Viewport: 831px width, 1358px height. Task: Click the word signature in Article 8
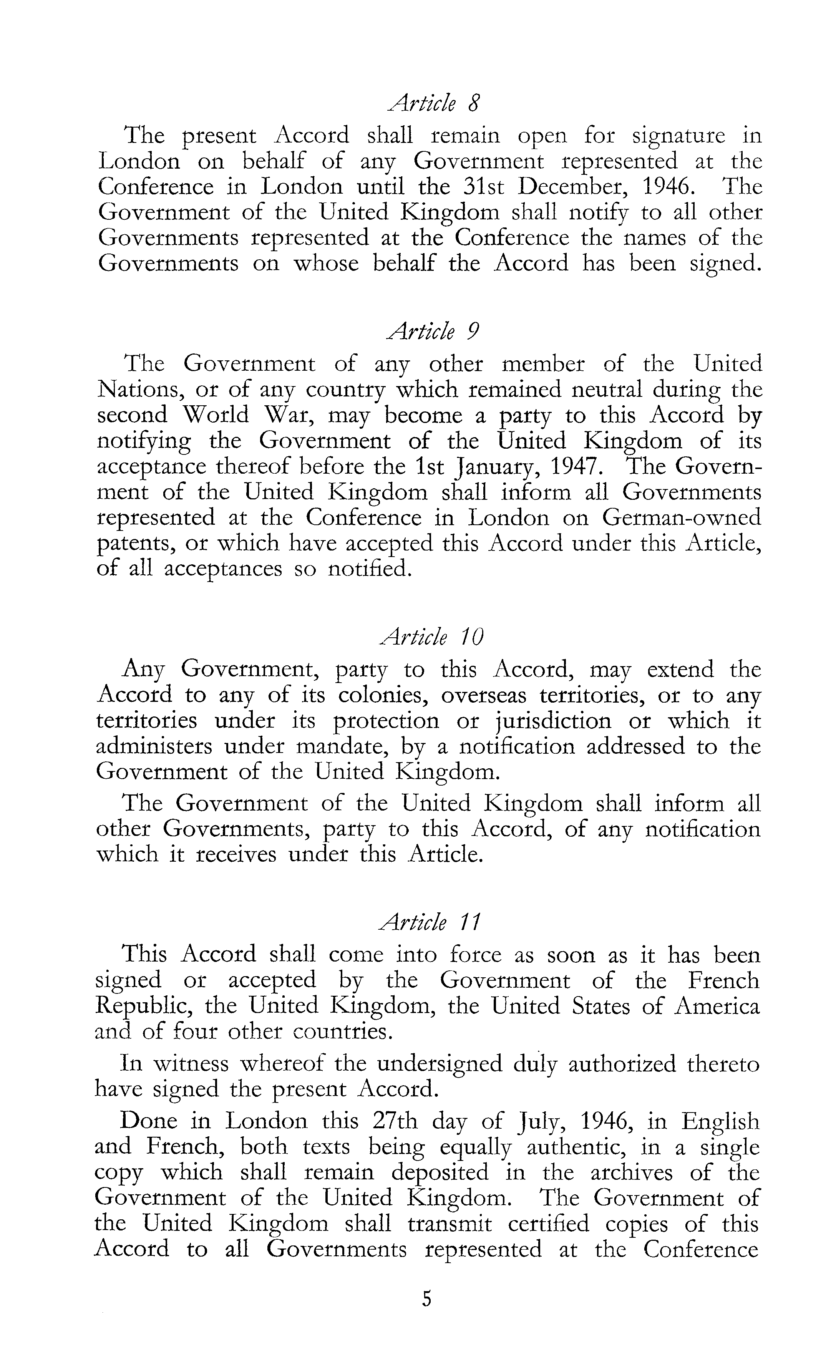point(678,136)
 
